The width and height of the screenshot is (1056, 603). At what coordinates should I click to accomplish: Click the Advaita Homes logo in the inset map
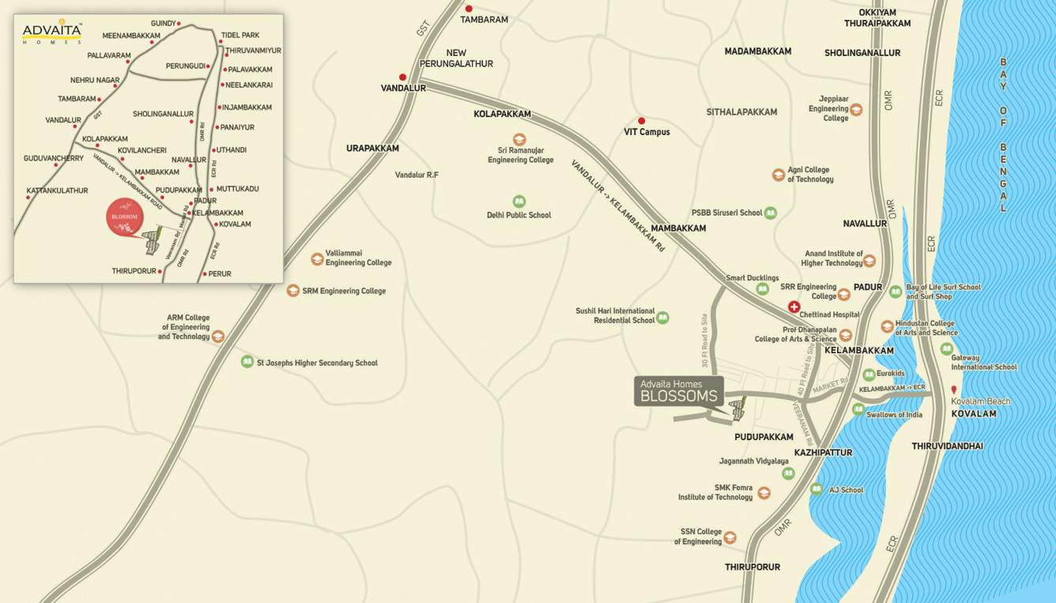coord(51,33)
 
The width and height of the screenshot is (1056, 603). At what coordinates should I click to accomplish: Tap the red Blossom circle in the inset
coord(124,217)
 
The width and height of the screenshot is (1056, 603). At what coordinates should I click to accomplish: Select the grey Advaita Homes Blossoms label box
coord(679,391)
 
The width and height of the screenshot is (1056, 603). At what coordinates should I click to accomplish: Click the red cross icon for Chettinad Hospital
coord(794,307)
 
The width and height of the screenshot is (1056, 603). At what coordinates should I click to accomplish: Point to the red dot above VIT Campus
coord(641,121)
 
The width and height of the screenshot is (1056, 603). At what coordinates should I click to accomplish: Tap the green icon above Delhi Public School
coord(519,202)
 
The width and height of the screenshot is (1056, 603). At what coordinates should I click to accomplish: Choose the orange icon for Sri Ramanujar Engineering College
coord(519,139)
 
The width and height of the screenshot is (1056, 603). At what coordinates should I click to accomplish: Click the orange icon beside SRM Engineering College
coord(293,291)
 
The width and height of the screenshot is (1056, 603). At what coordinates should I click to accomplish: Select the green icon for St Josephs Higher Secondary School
coord(247,362)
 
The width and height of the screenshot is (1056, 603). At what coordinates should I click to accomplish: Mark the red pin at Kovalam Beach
coord(954,390)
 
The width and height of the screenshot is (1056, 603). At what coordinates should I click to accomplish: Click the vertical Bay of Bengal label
coord(1003,134)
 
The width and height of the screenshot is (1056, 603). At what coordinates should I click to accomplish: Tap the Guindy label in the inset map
coord(163,24)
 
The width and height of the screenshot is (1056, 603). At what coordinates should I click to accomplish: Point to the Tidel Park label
coord(240,36)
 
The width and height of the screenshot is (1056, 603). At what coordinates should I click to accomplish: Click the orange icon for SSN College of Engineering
coord(730,537)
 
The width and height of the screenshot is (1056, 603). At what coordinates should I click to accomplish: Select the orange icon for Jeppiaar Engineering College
coord(856,109)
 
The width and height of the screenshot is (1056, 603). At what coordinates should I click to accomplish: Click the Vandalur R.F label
coord(417,175)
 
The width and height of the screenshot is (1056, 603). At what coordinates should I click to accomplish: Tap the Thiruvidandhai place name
coord(947,447)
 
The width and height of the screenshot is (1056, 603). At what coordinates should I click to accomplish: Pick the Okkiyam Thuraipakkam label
coord(877,17)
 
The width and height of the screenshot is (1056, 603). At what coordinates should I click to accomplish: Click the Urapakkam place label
coord(372,148)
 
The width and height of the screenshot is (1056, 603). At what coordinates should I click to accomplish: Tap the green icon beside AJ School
coord(817,489)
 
